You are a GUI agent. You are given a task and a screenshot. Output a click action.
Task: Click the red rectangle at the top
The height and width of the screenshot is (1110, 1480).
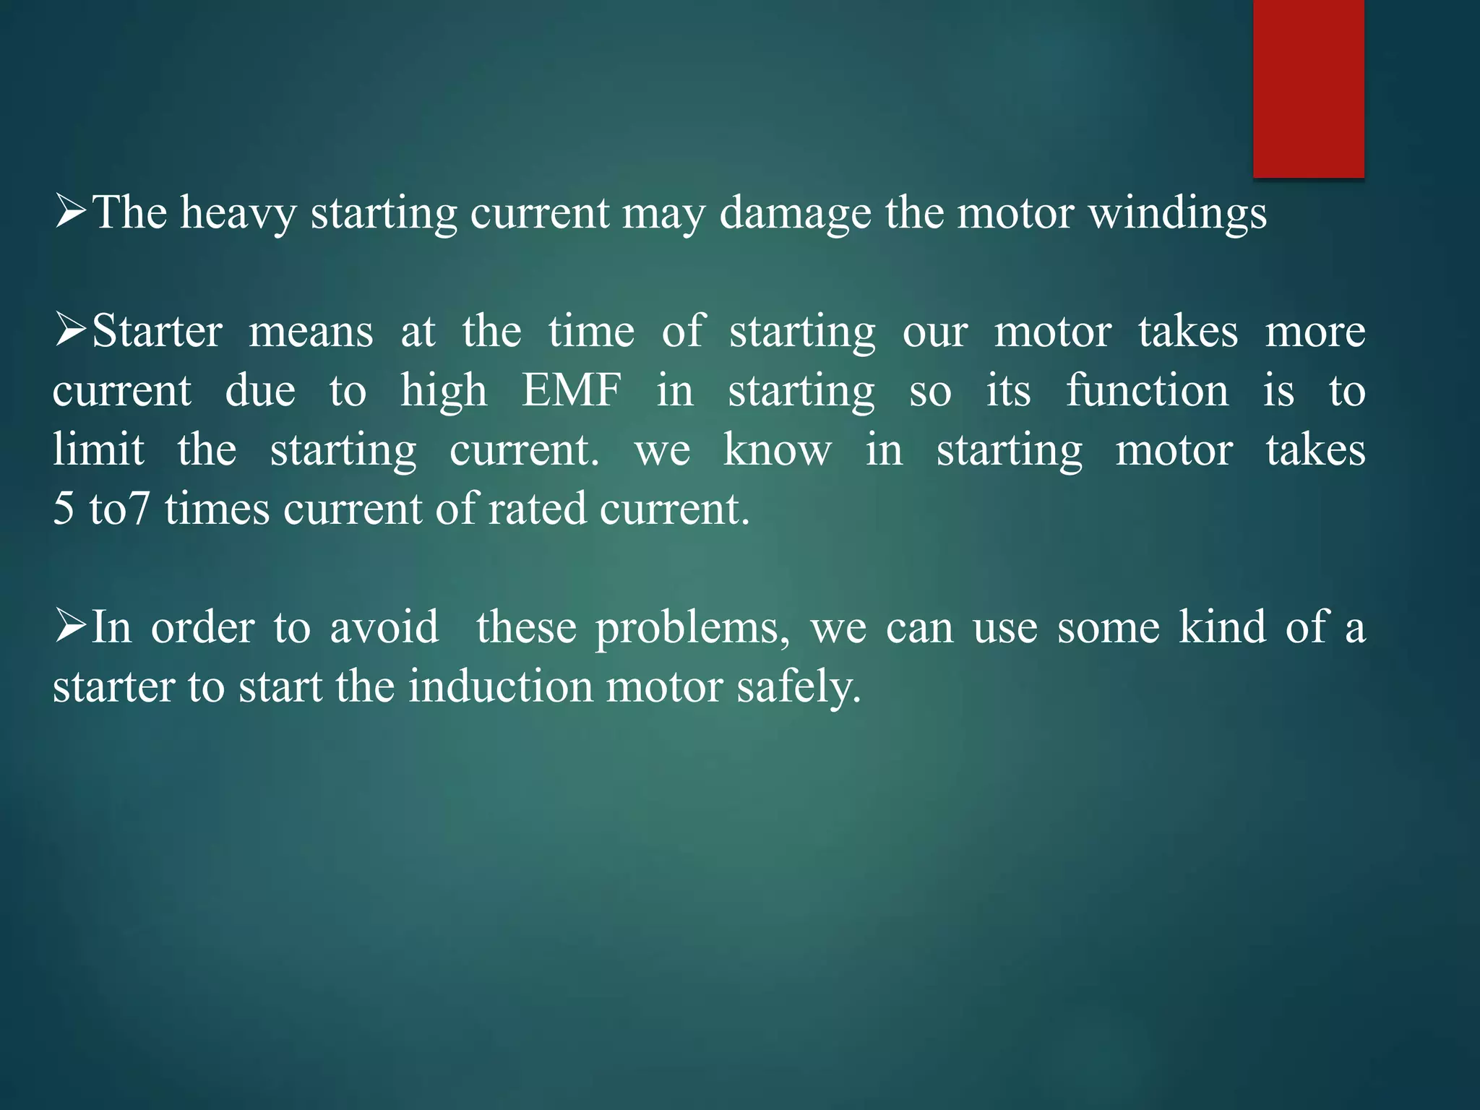(1308, 88)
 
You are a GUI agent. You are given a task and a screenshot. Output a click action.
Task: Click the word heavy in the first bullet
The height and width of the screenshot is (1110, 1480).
(238, 213)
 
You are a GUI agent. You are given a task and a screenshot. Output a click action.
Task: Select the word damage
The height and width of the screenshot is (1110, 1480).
(795, 213)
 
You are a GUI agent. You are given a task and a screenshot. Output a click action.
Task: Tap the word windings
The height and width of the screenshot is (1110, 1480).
(1177, 213)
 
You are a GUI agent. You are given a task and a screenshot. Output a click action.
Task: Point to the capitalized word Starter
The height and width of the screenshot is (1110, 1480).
(157, 332)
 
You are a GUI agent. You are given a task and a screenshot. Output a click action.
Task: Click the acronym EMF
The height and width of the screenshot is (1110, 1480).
(571, 391)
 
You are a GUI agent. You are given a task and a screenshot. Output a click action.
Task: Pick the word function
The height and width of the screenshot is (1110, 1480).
(1147, 391)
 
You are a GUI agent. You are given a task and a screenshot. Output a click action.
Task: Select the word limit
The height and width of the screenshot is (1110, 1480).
(98, 449)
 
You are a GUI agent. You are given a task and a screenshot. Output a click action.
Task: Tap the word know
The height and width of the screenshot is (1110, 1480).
(777, 449)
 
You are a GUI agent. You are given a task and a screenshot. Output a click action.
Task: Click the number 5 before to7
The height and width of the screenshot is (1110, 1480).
(64, 509)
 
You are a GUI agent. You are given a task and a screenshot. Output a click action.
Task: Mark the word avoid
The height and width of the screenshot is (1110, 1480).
(384, 627)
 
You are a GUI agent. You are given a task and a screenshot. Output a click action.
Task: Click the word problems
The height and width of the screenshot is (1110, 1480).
(692, 628)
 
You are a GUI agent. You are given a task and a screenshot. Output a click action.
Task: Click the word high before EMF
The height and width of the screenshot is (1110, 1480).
(444, 391)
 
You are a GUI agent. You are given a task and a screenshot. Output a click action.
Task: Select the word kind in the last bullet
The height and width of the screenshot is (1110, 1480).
(1222, 627)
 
